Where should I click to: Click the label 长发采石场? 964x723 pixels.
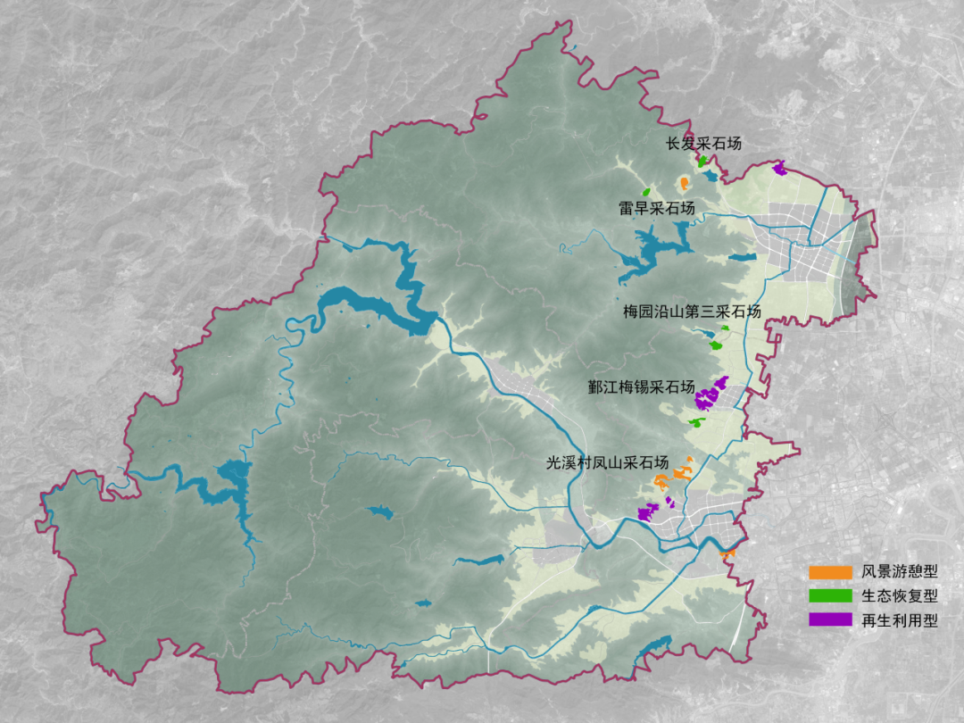click(703, 143)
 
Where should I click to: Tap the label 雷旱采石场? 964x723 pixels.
click(656, 208)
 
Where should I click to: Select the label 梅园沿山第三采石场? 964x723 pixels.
click(692, 312)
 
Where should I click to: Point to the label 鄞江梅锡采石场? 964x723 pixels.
click(641, 387)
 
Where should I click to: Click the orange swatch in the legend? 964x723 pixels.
click(829, 571)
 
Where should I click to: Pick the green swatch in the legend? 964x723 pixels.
click(829, 595)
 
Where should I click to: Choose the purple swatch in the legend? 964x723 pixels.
click(829, 620)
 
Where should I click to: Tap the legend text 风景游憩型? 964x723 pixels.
click(900, 571)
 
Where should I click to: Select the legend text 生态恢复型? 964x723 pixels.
click(900, 595)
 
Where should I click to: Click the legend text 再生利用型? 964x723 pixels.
click(900, 620)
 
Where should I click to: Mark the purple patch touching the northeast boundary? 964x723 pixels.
click(779, 167)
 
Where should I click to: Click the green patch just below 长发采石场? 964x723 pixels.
click(702, 162)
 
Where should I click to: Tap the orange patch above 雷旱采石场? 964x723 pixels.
click(683, 184)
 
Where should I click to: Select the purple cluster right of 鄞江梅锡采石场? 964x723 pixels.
click(711, 392)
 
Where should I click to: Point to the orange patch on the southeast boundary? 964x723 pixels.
click(727, 554)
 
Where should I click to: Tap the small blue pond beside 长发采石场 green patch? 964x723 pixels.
click(710, 176)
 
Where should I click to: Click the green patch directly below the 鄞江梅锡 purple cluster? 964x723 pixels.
click(698, 421)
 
